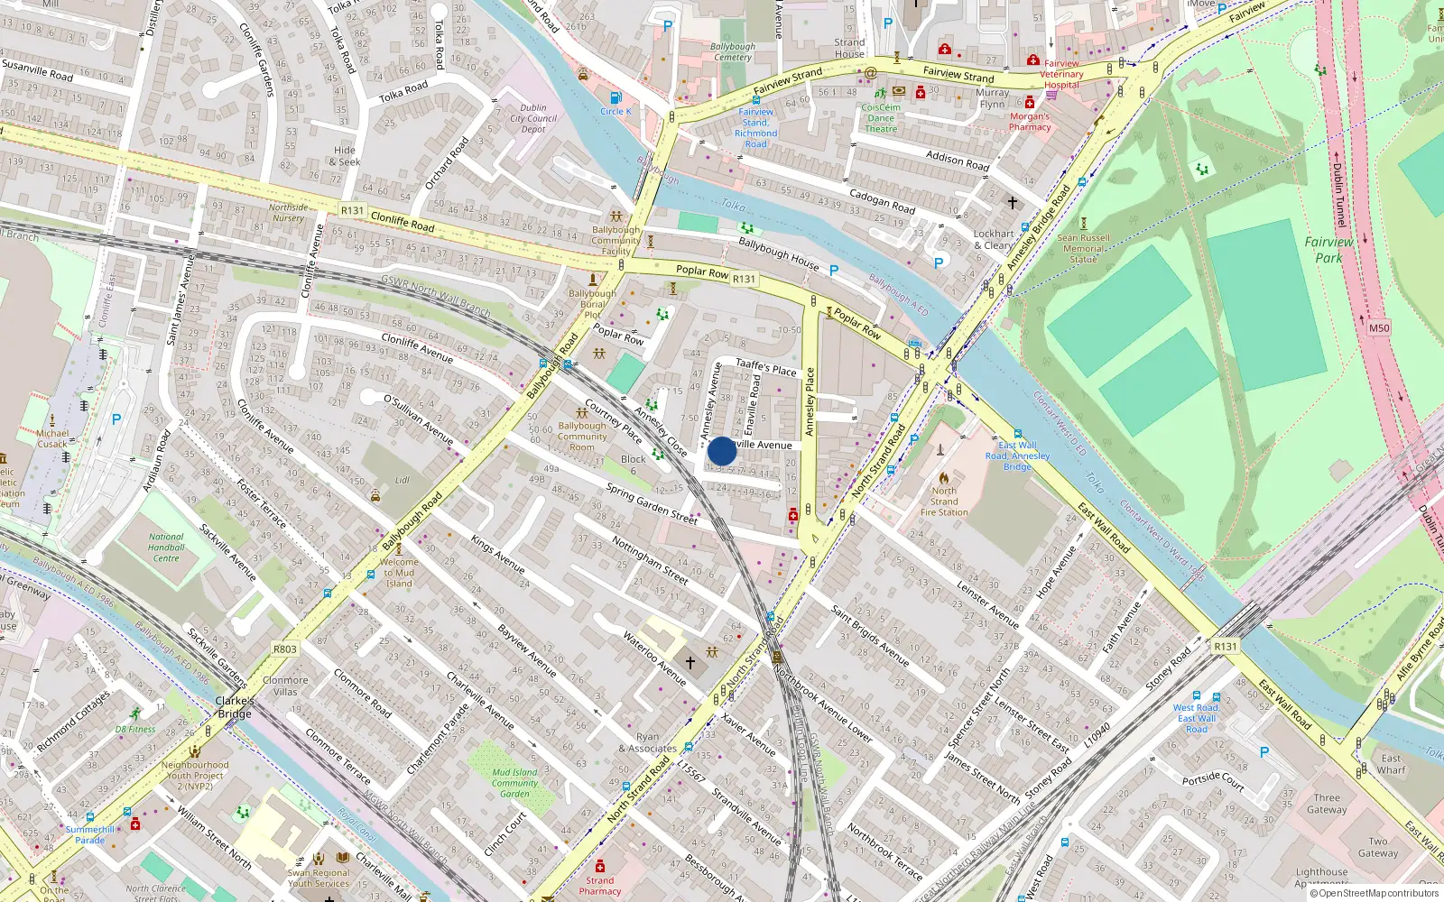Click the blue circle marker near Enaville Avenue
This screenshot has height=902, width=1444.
pyautogui.click(x=722, y=451)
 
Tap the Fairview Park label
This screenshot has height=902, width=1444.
pyautogui.click(x=1328, y=250)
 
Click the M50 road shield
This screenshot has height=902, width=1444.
pyautogui.click(x=1378, y=328)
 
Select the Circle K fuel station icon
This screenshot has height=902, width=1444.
pyautogui.click(x=616, y=97)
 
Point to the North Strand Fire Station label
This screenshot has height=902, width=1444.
pyautogui.click(x=944, y=502)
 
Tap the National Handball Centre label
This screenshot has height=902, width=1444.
pyautogui.click(x=166, y=548)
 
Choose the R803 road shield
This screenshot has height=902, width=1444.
pyautogui.click(x=285, y=649)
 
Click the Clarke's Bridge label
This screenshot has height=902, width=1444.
pyautogui.click(x=235, y=707)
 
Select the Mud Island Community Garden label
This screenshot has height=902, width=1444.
pyautogui.click(x=514, y=783)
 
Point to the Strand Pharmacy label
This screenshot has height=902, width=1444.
pyautogui.click(x=600, y=886)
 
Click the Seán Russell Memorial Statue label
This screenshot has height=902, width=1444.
pyautogui.click(x=1083, y=248)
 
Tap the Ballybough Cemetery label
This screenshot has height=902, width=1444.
pyautogui.click(x=733, y=51)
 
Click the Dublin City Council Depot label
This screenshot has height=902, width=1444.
pyautogui.click(x=533, y=118)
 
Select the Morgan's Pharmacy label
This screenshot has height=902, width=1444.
pyautogui.click(x=1030, y=122)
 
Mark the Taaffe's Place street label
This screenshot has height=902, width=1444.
pyautogui.click(x=766, y=367)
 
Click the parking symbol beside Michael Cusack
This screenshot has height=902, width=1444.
pyautogui.click(x=116, y=419)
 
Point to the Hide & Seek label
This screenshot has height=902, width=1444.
pyautogui.click(x=345, y=156)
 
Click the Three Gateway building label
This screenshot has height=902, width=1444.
pyautogui.click(x=1327, y=804)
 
